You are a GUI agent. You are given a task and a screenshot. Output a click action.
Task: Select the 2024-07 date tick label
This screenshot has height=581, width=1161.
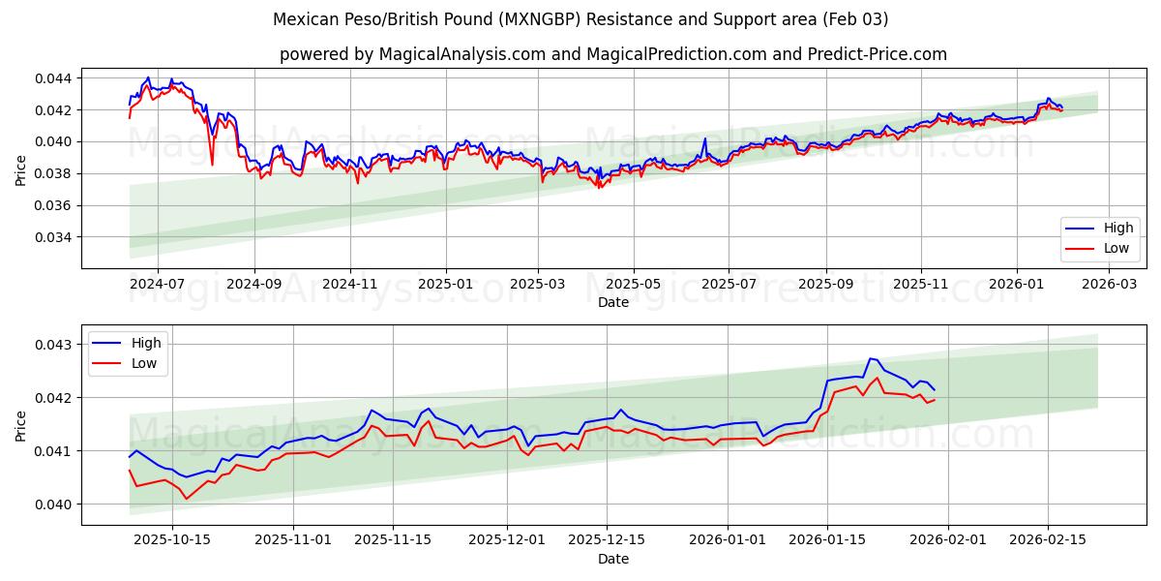coord(157,285)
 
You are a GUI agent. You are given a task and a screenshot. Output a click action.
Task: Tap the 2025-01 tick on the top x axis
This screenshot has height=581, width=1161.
coord(445,285)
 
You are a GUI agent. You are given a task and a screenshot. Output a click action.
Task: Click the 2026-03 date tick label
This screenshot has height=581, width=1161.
coord(1108,285)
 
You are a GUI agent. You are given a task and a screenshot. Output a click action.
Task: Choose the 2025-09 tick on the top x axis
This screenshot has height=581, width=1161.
coord(825,285)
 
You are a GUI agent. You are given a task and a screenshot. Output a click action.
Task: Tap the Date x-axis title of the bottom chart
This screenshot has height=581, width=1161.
coord(612,559)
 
